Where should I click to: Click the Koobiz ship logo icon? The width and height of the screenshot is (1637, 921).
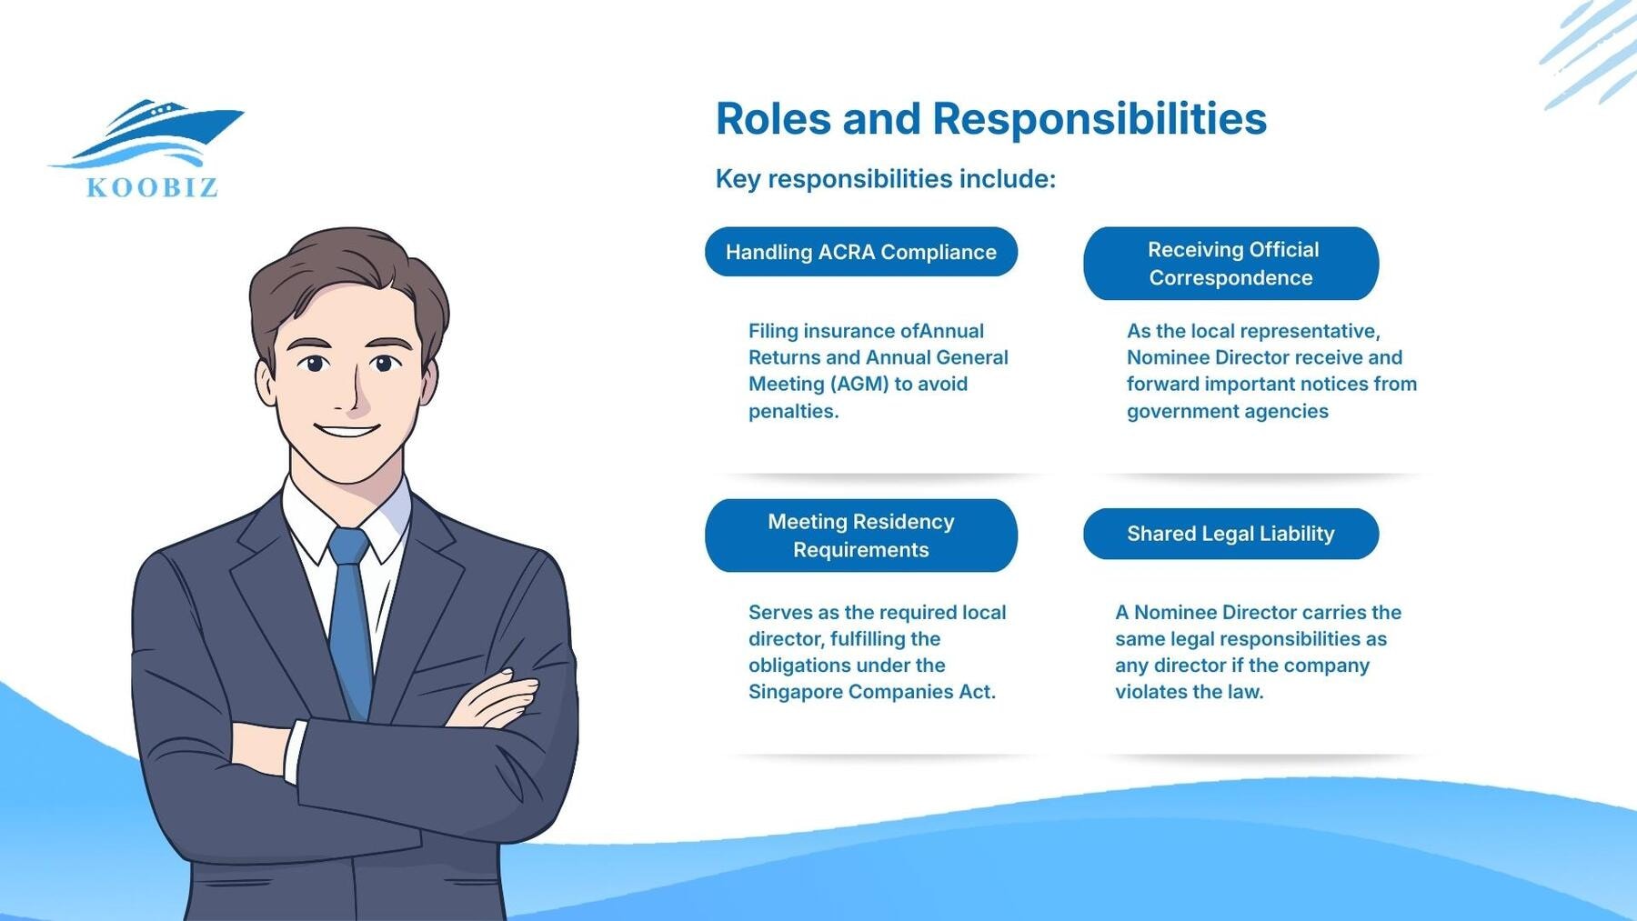150,134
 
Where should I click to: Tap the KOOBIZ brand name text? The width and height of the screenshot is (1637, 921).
152,188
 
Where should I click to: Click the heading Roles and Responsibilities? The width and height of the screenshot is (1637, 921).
990,119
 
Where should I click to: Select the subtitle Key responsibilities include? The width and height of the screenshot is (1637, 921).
885,179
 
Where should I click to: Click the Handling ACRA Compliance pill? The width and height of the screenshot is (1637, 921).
860,252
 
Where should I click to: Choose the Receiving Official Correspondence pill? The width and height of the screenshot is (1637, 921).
1230,264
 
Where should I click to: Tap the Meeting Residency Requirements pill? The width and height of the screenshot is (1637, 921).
860,536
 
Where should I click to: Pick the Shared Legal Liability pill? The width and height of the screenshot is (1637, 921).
1230,534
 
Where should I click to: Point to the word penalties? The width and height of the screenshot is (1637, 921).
792,412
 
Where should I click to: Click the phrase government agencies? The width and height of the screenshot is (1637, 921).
1227,412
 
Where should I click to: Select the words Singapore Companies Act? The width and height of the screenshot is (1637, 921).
870,692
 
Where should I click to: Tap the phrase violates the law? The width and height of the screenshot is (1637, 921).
1189,692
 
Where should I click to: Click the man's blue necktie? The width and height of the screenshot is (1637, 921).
350,618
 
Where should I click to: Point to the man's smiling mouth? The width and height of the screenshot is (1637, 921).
346,430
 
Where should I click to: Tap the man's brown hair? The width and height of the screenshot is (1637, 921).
346,264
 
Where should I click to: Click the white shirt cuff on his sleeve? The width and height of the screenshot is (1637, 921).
295,751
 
